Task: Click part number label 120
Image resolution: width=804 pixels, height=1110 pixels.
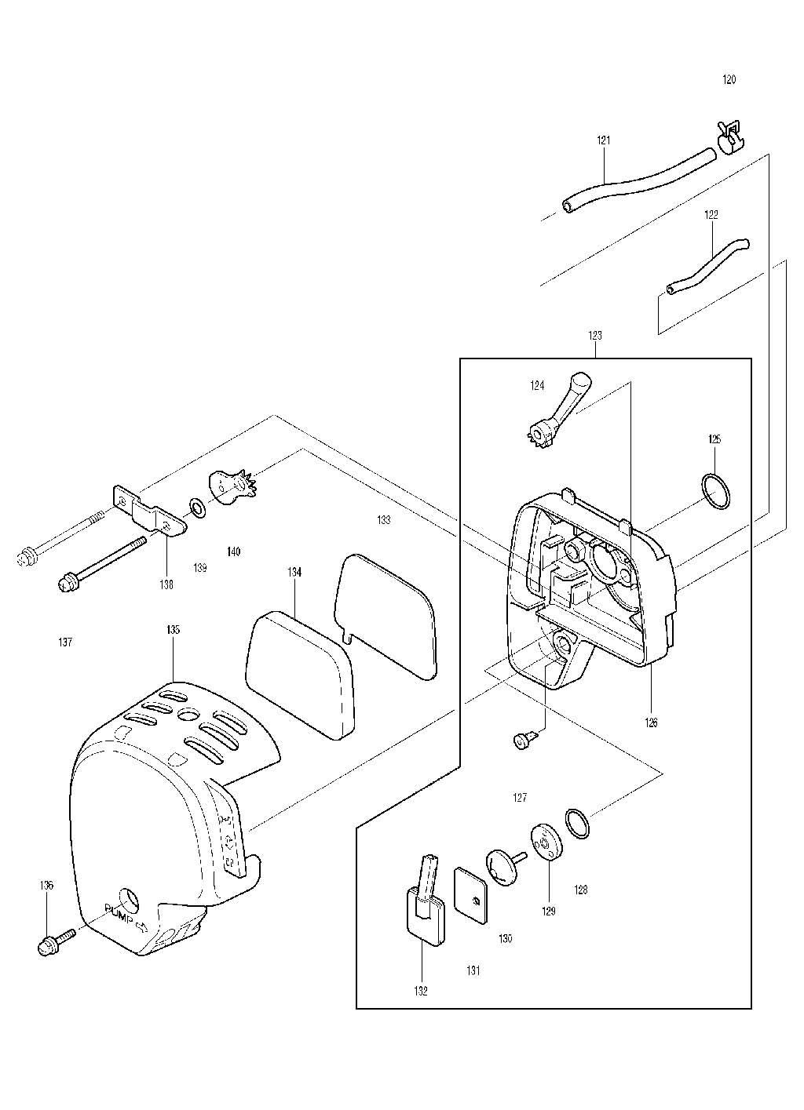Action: (729, 80)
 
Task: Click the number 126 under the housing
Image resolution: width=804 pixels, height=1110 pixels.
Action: (652, 722)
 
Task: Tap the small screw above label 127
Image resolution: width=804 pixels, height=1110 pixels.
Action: (523, 739)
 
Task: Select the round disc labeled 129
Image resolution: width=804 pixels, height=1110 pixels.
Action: (545, 843)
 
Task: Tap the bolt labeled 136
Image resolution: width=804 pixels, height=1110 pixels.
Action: (55, 940)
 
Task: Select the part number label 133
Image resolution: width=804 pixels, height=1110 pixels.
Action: (383, 520)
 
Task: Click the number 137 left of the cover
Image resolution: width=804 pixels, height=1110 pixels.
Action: (65, 642)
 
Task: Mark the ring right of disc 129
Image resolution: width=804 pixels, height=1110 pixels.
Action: (579, 823)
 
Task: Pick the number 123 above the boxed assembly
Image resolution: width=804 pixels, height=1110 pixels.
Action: (595, 335)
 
